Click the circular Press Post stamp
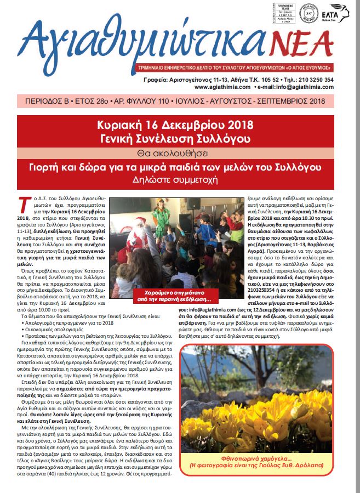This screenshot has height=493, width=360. coord(310,12)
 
